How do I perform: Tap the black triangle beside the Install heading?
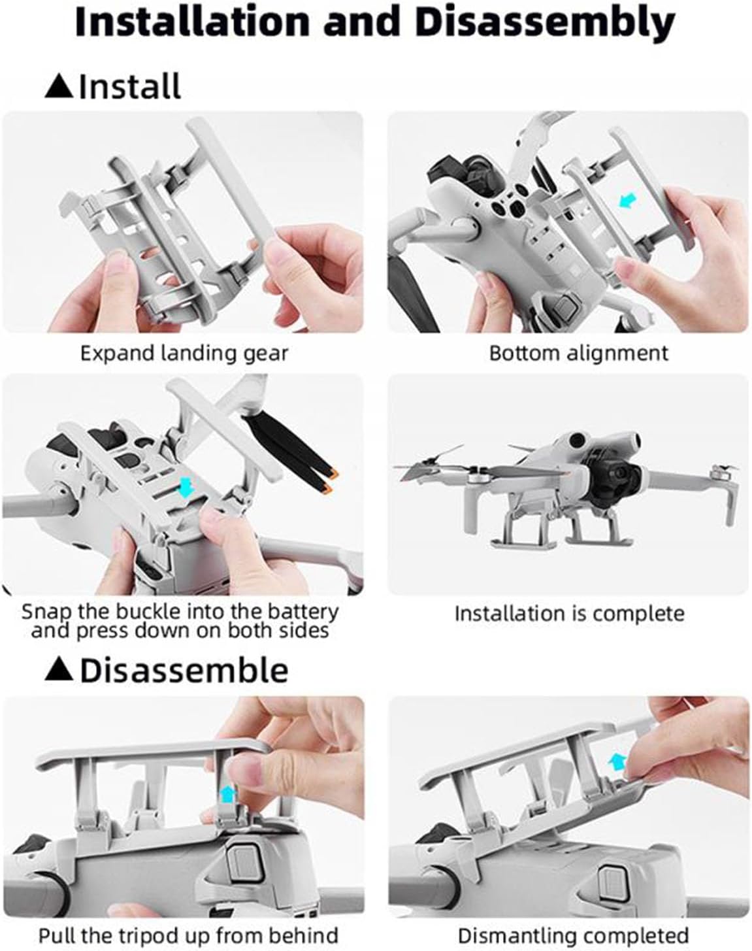(x=59, y=87)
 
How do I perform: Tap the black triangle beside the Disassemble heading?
(x=59, y=671)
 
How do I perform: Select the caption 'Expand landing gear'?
(x=184, y=354)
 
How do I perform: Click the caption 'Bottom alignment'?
(x=579, y=354)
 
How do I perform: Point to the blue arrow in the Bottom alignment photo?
(x=629, y=201)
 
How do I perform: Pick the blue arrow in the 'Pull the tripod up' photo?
(x=227, y=791)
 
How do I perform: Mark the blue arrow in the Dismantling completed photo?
(x=617, y=760)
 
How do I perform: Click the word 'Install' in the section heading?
(x=130, y=87)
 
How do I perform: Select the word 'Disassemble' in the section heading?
(x=184, y=671)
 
